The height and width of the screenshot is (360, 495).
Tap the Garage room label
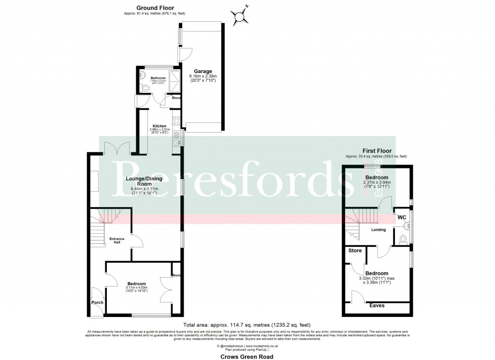[203, 71]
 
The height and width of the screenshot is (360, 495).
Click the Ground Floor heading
[155, 8]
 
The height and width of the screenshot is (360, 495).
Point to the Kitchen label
[159, 126]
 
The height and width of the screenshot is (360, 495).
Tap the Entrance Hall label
[116, 240]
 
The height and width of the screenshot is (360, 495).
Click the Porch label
[97, 302]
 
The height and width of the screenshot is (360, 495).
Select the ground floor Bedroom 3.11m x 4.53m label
[136, 284]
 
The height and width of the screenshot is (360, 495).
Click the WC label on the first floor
[401, 217]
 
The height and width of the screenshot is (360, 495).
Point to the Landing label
[379, 230]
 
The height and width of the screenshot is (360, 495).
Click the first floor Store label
[355, 251]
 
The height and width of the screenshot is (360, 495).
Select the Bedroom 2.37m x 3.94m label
[377, 178]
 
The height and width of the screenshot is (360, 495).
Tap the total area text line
[247, 325]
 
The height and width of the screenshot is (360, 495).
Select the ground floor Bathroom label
[158, 78]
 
